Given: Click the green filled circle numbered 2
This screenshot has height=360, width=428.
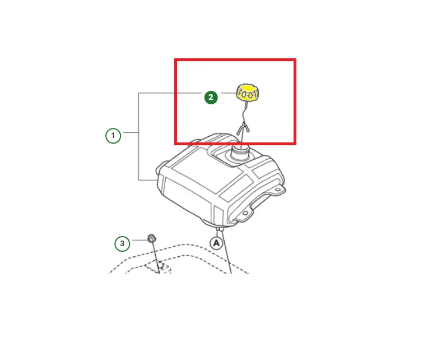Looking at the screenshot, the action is tap(211, 97).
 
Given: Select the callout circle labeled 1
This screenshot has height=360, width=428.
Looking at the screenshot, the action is tap(113, 136).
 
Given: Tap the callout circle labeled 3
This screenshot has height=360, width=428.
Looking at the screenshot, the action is tap(122, 243).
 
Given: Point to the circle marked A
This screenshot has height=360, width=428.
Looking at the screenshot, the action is tap(216, 243).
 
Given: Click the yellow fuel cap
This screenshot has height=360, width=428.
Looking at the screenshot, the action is tap(247, 93).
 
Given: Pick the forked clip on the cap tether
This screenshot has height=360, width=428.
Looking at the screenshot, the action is tap(243, 128).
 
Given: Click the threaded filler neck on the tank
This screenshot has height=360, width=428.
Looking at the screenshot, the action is tap(240, 154).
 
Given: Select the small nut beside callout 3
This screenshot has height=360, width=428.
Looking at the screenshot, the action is tap(152, 238).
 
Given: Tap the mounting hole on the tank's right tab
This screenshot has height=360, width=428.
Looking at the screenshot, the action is tap(278, 190).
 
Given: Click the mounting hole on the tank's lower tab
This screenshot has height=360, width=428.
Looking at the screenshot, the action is tap(245, 213).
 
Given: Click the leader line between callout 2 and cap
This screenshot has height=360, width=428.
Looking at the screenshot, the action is tap(229, 93).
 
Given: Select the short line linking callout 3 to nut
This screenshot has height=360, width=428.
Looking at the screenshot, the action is tap(139, 241).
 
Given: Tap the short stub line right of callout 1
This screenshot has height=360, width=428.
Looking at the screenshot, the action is tap(131, 132).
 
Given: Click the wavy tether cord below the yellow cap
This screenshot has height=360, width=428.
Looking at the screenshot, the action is tap(244, 112).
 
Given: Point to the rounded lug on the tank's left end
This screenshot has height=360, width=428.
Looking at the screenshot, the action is tap(160, 167).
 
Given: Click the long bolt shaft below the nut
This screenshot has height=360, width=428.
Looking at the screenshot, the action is tap(156, 257).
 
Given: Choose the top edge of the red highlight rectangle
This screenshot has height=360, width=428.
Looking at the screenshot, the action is tap(235, 59).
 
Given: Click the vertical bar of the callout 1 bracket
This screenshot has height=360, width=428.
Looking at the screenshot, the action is tap(139, 137).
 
